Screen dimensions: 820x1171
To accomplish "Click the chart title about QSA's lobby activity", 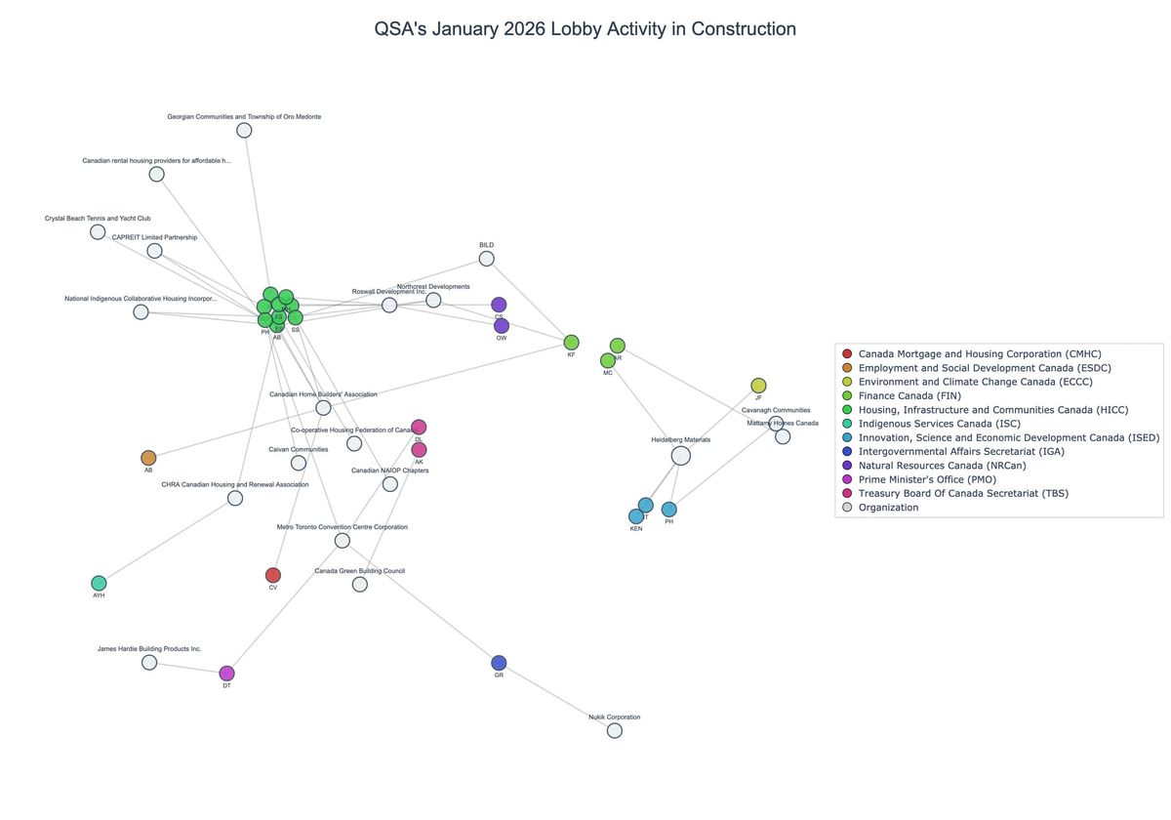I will click(x=585, y=28).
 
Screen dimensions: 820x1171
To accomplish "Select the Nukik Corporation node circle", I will click(x=614, y=730).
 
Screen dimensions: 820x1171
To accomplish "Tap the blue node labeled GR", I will click(x=499, y=663).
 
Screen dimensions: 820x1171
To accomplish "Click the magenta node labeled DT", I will click(x=226, y=674).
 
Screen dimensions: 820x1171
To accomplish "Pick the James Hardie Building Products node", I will click(x=149, y=663).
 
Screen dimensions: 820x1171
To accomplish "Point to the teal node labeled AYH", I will click(x=99, y=584).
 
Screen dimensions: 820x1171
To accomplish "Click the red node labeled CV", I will click(x=273, y=575).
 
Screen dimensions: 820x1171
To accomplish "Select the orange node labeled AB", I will click(x=148, y=458).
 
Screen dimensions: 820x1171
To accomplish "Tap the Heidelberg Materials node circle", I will click(x=681, y=455).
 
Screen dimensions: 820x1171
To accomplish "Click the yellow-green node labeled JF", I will click(x=758, y=386).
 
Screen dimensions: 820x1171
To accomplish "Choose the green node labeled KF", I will click(x=571, y=343).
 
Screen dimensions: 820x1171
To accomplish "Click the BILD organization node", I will click(x=486, y=259).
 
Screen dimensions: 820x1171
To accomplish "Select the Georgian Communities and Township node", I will click(x=244, y=131).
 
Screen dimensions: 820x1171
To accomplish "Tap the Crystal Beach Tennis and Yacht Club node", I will click(x=98, y=232).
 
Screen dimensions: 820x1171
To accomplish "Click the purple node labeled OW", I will click(x=502, y=326).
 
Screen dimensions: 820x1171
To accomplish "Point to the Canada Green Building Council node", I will click(x=359, y=585).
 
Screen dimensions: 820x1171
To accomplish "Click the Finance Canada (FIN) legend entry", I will click(x=909, y=395).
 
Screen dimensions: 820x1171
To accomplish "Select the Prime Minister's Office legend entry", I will click(x=927, y=479).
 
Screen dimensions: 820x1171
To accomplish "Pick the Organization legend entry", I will click(x=888, y=507).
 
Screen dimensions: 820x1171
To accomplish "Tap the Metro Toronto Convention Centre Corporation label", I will click(x=342, y=527).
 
